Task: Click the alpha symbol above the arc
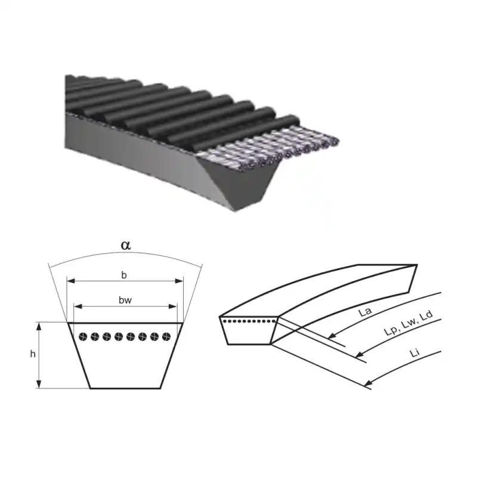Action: [126, 245]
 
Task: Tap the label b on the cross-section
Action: [124, 275]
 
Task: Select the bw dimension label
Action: [125, 301]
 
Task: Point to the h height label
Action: [33, 354]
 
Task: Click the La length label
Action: [365, 312]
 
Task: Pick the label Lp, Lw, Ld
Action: [408, 323]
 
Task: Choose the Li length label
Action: [414, 353]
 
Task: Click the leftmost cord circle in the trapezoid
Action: [83, 337]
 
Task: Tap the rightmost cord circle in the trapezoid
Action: [166, 337]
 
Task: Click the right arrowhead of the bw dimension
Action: [173, 306]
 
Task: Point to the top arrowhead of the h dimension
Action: [39, 326]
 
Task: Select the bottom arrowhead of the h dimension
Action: [39, 384]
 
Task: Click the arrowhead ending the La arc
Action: [332, 336]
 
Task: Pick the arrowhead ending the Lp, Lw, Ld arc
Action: [360, 354]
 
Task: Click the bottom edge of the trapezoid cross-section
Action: [125, 388]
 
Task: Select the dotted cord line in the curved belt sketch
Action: [249, 321]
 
